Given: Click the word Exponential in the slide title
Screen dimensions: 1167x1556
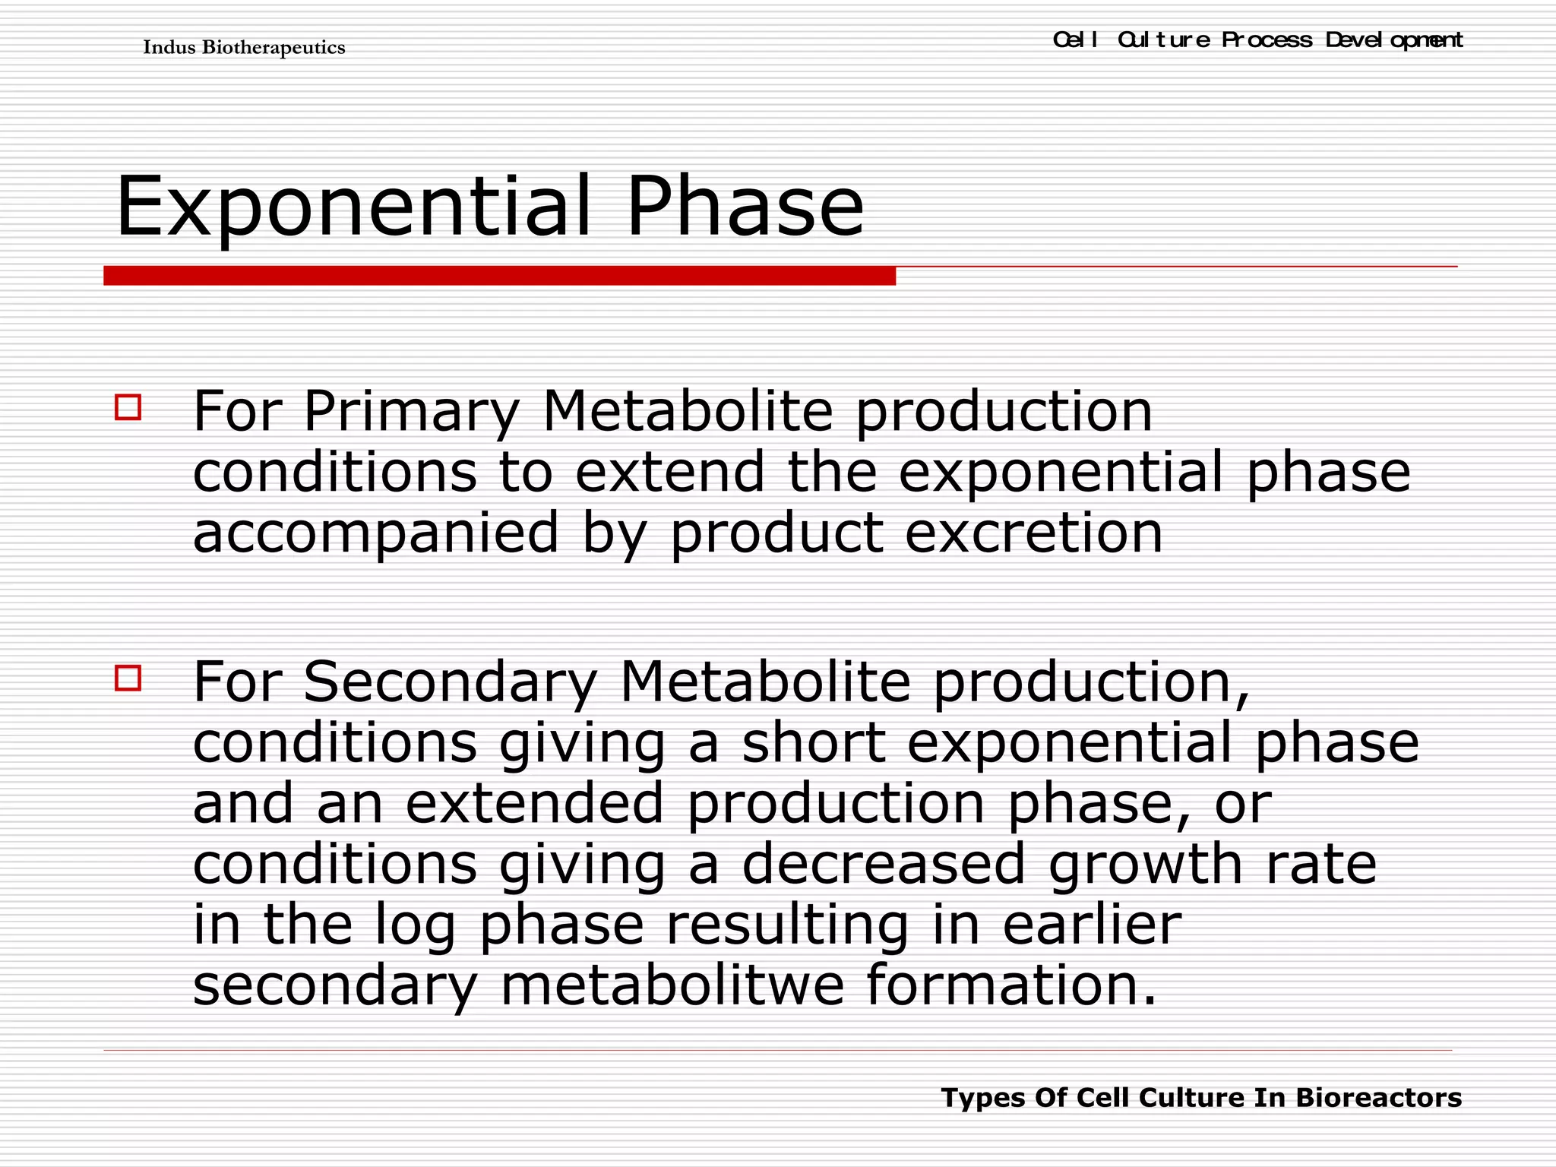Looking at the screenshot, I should coord(353,207).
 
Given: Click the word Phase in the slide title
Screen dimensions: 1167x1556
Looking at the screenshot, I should coord(745,207).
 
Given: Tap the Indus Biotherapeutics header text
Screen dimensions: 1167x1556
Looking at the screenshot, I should coord(244,48).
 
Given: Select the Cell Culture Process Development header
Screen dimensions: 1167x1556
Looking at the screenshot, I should coord(1257,40).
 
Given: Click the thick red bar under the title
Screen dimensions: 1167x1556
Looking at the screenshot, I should coord(499,276).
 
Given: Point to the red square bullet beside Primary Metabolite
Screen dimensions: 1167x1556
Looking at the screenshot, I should coord(128,407).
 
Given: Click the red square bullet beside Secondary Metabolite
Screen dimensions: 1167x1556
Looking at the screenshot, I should coord(128,677).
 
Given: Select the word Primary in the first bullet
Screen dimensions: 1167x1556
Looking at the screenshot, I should coord(411,413).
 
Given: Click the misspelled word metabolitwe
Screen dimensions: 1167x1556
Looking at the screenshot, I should coord(672,985).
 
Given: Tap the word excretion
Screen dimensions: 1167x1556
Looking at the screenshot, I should coord(1034,533).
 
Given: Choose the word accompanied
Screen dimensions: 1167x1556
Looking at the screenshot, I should coord(376,534).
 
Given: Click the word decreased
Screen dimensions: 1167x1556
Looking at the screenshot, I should coord(884,864).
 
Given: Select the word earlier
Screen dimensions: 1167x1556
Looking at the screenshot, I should coord(1092,925).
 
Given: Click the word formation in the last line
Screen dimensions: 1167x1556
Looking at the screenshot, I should coord(1011,985).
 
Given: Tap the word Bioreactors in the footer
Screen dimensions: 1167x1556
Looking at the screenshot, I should coord(1378,1098).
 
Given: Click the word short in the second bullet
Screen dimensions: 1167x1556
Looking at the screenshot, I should coord(814,742).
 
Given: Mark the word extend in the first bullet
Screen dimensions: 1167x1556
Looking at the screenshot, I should coord(669,472).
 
